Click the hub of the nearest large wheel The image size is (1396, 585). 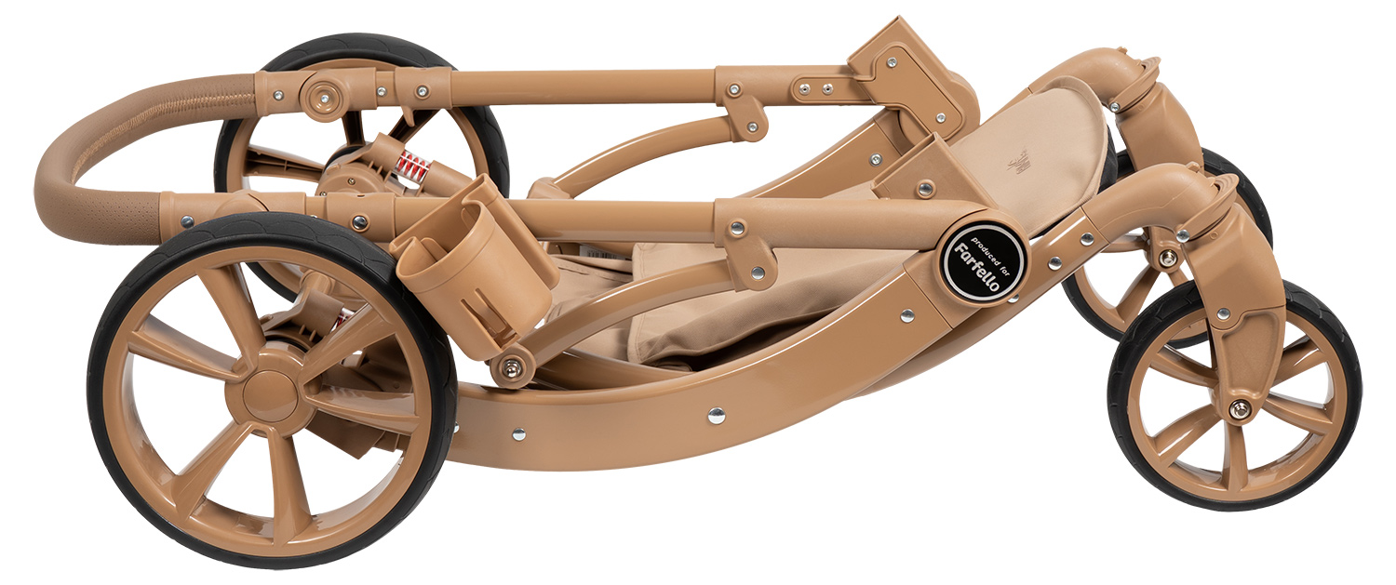coord(270,393)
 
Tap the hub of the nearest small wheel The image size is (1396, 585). coord(1236,406)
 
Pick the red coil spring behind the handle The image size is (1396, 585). coord(414,166)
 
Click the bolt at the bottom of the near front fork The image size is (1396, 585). coord(1239,409)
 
